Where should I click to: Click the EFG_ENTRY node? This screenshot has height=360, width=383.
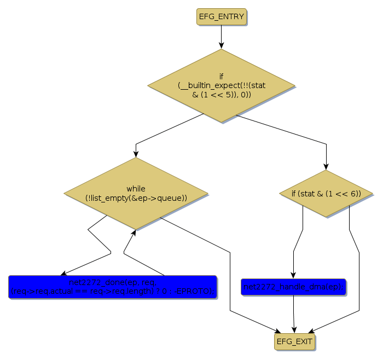point(221,16)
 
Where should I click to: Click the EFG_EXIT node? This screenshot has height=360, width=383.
point(295,341)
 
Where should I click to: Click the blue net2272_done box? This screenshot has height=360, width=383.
point(112,287)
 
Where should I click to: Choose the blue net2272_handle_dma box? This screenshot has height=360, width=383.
point(293,287)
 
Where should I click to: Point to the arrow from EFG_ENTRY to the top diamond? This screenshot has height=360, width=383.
point(221,36)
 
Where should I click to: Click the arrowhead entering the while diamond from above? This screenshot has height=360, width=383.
point(136,154)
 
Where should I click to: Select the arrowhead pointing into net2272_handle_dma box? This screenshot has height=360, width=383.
point(293,275)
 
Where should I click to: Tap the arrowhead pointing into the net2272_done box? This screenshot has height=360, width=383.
point(64,273)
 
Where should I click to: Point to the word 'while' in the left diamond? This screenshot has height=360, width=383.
point(136,189)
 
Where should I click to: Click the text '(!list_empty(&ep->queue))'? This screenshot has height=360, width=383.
point(136,198)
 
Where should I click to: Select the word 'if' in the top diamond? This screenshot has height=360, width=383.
point(221,77)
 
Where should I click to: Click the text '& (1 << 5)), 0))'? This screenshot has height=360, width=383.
point(221,95)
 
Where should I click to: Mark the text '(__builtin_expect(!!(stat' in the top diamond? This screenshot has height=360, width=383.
point(221,86)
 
